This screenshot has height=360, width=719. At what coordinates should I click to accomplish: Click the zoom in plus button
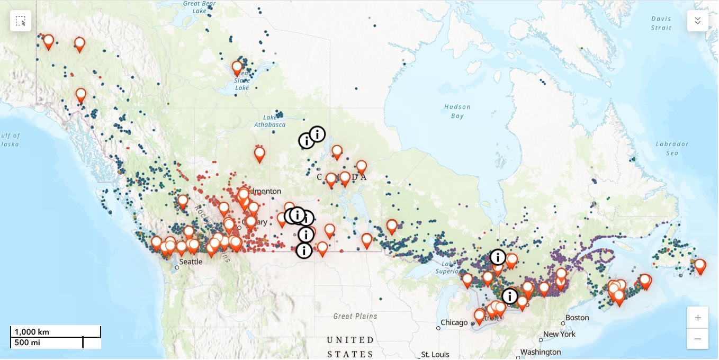pos(697,318)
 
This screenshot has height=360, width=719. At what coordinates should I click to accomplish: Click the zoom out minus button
pos(697,339)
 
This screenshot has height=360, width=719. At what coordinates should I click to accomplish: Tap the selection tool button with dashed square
pos(21,21)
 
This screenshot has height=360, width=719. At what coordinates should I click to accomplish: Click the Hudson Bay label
pos(457,111)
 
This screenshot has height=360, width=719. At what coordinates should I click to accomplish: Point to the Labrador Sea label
pos(672,148)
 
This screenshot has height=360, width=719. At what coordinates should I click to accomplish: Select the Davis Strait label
pos(661,23)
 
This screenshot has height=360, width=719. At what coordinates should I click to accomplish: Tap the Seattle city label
pos(191,262)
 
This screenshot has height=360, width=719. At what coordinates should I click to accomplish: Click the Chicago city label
pos(454,322)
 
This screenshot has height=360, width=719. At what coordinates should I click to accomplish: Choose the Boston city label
pos(577,318)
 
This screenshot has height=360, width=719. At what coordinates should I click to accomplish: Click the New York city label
pos(559,334)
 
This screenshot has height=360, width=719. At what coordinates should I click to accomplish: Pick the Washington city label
pos(540,352)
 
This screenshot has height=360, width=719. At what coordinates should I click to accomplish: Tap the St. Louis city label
pos(435,354)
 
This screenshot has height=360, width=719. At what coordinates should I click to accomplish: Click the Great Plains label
pos(355,316)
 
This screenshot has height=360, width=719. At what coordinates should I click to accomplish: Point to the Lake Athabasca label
pos(273,121)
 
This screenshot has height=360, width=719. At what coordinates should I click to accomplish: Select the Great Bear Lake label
pos(199,7)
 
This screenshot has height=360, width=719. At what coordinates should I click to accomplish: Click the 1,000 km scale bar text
pos(32,332)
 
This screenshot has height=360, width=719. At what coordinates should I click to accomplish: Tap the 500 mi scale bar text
pos(28,343)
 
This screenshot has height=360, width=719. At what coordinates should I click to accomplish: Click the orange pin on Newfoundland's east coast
pos(699,265)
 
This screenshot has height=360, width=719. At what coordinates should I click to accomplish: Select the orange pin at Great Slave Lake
pos(237,68)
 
